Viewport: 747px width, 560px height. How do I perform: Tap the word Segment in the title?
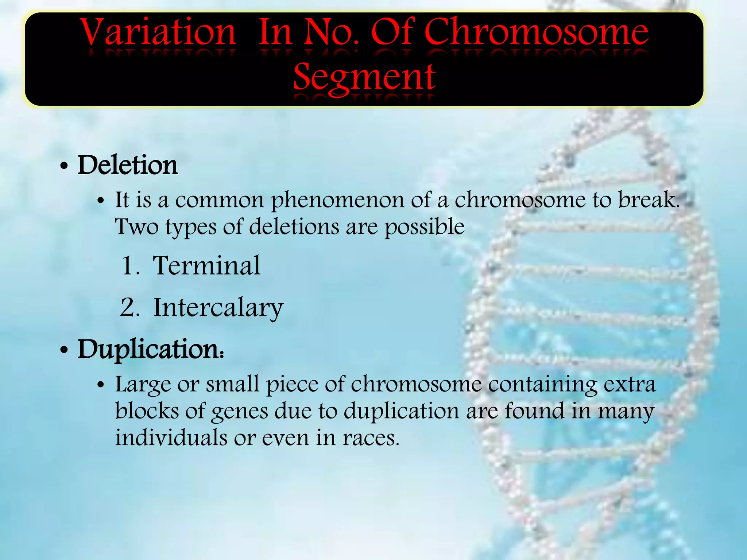pos(364,77)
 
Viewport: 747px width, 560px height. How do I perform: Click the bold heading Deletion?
pos(128,165)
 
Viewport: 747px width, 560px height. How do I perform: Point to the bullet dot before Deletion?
pos(64,167)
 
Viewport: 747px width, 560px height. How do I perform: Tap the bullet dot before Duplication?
pos(64,350)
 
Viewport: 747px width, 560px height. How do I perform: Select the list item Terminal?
pos(207,265)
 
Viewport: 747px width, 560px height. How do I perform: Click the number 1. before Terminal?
pos(130,266)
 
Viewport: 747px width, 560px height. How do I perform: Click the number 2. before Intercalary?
pos(130,308)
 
